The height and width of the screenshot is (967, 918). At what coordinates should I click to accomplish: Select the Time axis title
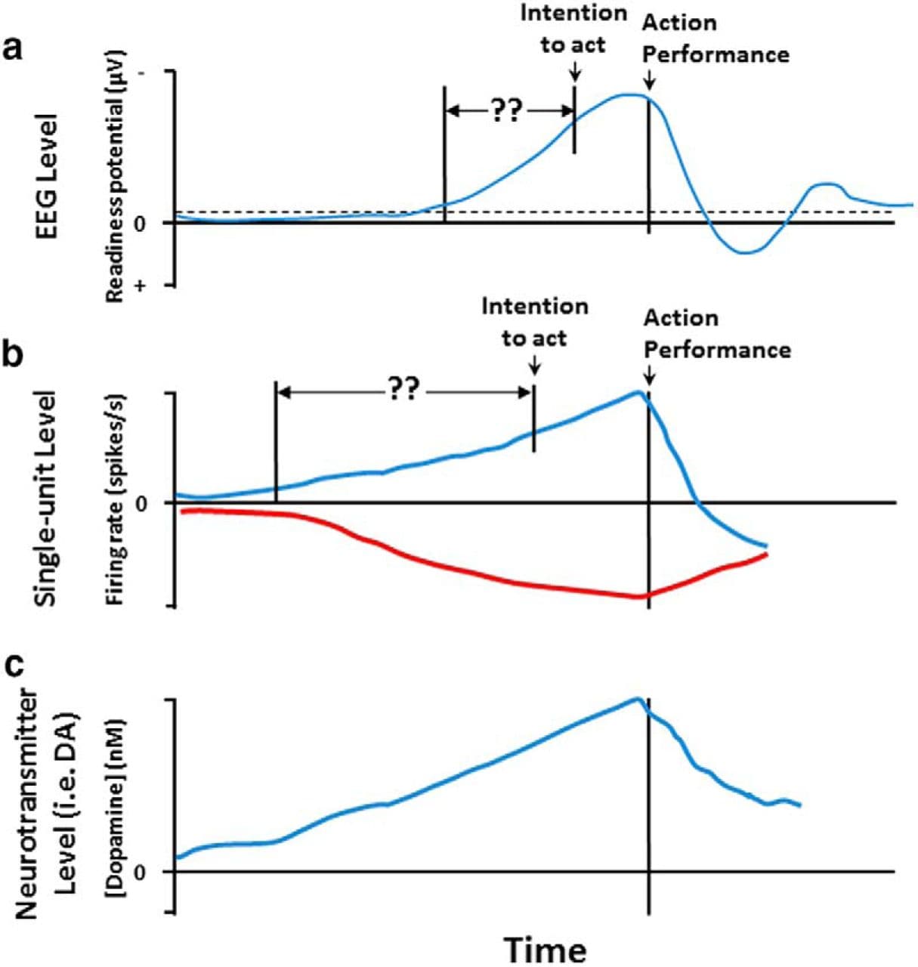(545, 949)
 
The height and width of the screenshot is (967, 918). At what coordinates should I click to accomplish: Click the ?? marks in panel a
(505, 111)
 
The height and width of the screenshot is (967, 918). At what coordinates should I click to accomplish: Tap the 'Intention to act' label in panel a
(573, 29)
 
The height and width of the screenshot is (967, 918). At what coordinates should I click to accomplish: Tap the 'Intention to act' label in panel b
(534, 322)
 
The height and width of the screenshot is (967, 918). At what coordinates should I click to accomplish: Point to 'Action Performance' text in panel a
(715, 39)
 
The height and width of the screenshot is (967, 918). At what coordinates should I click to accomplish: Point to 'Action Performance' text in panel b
(716, 334)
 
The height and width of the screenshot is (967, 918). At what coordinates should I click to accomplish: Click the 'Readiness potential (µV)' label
(115, 178)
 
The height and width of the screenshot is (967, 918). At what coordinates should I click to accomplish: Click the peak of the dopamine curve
(638, 699)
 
